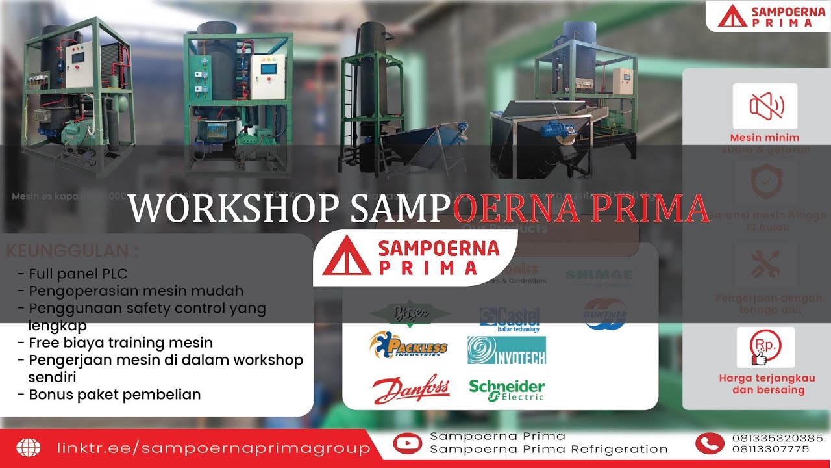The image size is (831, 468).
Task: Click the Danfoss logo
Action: click(x=411, y=389)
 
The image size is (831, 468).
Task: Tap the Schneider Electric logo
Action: click(x=507, y=389)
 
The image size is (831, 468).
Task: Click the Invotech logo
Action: click(x=506, y=350)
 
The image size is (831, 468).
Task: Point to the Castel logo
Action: click(x=510, y=317)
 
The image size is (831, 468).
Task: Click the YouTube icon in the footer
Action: click(x=407, y=443)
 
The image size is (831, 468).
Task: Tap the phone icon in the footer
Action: click(x=709, y=443)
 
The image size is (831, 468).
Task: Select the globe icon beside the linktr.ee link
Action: click(x=28, y=448)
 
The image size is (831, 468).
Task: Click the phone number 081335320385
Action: click(x=777, y=438)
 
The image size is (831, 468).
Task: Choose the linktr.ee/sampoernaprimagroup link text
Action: click(x=214, y=448)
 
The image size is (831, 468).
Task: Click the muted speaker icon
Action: click(x=765, y=105)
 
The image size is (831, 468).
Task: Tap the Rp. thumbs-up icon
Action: click(x=765, y=347)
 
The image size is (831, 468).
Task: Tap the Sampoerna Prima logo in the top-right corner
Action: click(x=766, y=16)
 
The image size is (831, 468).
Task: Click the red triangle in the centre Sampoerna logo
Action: click(x=346, y=257)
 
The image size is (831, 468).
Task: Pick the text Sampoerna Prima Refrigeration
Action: click(x=549, y=449)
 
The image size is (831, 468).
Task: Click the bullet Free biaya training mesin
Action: click(x=120, y=343)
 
